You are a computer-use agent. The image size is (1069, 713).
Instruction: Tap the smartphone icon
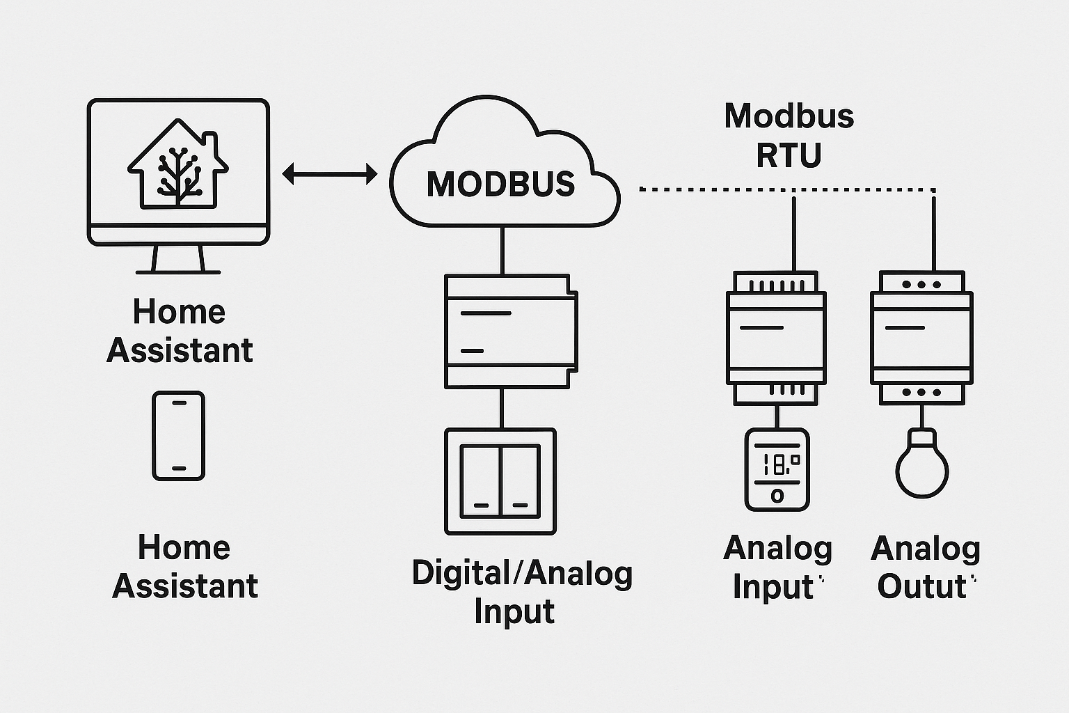click(179, 436)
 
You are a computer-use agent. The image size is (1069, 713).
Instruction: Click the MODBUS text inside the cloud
click(500, 184)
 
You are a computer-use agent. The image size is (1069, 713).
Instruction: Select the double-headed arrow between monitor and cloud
click(329, 174)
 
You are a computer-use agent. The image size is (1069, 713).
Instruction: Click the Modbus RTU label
click(789, 135)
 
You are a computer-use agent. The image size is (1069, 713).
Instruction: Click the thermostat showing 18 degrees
click(777, 469)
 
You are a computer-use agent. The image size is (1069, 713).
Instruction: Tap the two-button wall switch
click(500, 481)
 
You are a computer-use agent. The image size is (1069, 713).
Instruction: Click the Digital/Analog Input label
click(521, 592)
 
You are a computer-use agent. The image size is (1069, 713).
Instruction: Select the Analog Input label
click(777, 567)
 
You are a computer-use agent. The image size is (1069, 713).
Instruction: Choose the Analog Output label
click(925, 567)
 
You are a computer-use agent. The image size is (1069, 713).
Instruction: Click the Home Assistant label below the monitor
click(179, 331)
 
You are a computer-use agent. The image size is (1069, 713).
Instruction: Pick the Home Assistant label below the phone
click(184, 566)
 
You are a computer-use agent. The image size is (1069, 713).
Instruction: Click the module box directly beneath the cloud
click(511, 331)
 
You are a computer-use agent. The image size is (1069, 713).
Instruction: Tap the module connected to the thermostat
click(776, 337)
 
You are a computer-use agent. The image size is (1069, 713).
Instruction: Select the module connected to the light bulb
click(921, 337)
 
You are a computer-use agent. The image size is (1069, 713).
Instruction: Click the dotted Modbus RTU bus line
click(786, 189)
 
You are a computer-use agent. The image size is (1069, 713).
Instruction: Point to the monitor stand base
click(177, 272)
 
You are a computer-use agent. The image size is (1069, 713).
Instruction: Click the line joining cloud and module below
click(501, 251)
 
